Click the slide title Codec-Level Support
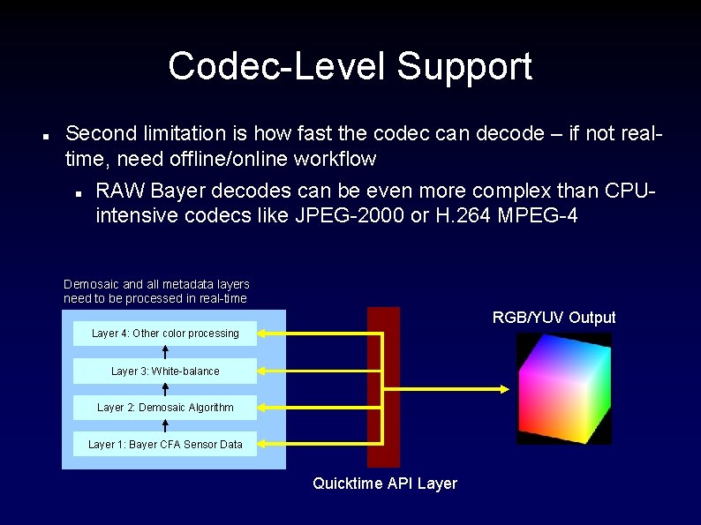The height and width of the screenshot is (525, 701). pos(350,66)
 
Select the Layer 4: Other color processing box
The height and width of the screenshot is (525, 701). pos(165,334)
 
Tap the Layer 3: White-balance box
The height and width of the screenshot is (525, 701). pos(165,371)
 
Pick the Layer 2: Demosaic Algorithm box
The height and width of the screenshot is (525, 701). pos(165,408)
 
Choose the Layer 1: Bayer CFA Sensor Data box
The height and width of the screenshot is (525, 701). pos(165,445)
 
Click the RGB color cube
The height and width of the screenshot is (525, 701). pos(564,389)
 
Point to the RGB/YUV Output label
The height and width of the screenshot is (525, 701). pos(554,318)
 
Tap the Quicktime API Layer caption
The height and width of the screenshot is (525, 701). pos(385,484)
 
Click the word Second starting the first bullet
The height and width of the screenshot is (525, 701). pos(102,134)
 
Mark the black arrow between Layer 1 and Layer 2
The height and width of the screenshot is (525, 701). pos(166,426)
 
